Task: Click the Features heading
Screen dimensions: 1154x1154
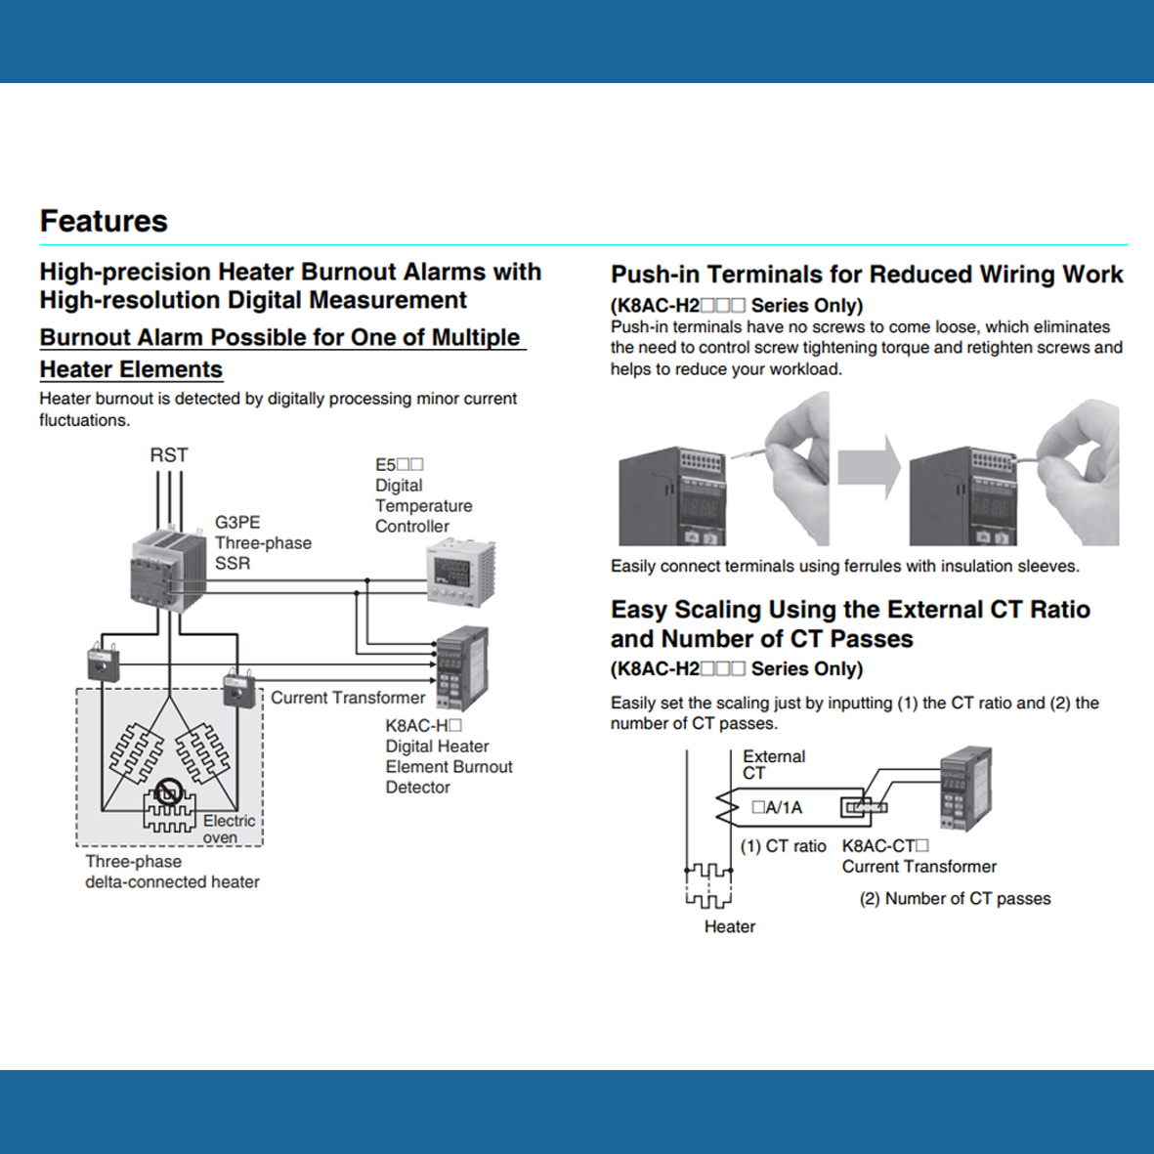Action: (x=104, y=221)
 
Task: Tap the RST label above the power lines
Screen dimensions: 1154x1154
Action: (x=168, y=455)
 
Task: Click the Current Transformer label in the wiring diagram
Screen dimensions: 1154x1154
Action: (x=348, y=698)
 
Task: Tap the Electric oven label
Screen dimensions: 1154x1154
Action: (x=229, y=829)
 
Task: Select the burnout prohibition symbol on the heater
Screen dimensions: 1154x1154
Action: (x=169, y=791)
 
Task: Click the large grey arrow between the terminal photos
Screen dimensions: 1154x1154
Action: (x=869, y=468)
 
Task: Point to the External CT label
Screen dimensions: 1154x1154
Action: (x=773, y=764)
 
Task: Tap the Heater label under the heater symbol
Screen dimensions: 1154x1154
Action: (x=729, y=926)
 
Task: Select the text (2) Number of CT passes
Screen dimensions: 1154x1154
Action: (x=955, y=899)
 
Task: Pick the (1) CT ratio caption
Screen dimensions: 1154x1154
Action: (x=783, y=846)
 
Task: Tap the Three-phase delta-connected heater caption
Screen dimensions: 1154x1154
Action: (x=172, y=872)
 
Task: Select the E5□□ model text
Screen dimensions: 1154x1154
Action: (x=399, y=465)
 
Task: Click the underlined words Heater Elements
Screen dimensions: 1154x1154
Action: (x=131, y=369)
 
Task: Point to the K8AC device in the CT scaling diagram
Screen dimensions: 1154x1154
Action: (x=966, y=790)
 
